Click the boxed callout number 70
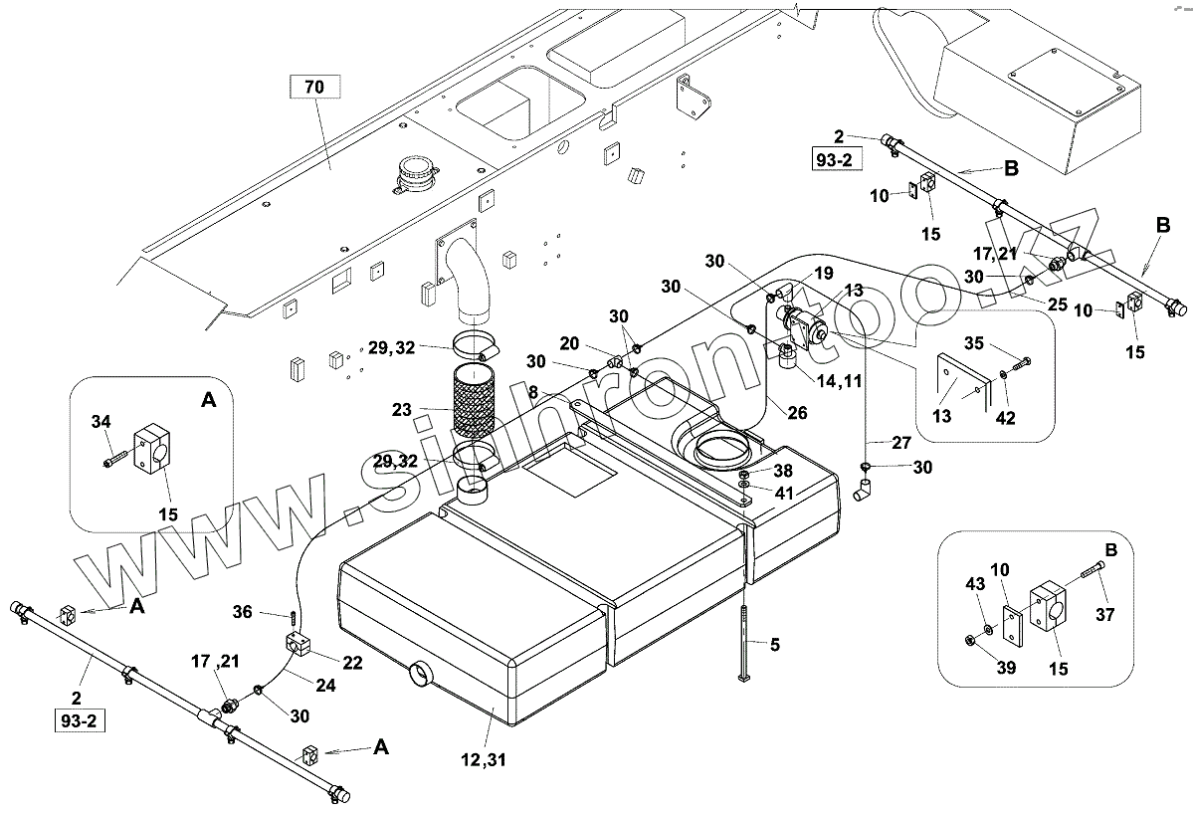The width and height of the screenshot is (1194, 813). tap(313, 88)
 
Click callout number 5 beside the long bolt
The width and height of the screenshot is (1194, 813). tap(774, 644)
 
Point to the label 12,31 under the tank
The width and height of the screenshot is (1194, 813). tap(485, 761)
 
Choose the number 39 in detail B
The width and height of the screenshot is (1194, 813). tap(1006, 668)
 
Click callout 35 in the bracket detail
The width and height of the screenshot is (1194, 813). tap(975, 344)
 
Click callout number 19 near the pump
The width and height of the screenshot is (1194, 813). tap(824, 273)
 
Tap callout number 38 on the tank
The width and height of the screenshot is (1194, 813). tap(783, 471)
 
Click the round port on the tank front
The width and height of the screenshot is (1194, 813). tap(422, 674)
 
